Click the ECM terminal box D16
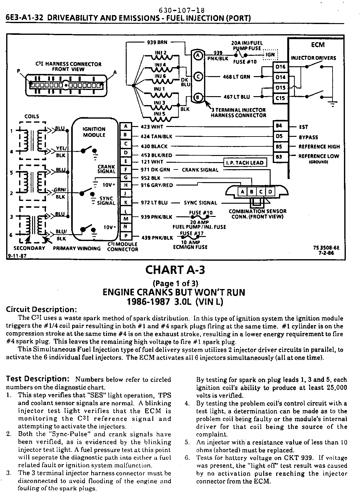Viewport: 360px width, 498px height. pos(280,67)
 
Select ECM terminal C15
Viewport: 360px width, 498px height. pos(280,98)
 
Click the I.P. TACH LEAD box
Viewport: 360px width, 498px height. pos(245,163)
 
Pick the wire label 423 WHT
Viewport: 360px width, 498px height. pos(152,127)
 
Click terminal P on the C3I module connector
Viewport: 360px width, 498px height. pos(125,237)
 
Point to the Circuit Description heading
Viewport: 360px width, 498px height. pos(41,309)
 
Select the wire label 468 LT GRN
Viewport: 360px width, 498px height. pos(236,77)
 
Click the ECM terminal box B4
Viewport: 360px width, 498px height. pos(279,126)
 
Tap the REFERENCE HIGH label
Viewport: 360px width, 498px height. pos(319,147)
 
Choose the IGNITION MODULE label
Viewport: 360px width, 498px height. pos(94,132)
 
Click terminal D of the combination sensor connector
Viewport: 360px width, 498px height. pos(270,192)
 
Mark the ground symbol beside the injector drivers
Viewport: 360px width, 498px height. pos(333,105)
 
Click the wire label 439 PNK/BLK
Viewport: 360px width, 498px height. pos(157,238)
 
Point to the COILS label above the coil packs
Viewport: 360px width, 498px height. pos(32,116)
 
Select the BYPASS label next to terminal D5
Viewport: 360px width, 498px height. pos(308,137)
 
